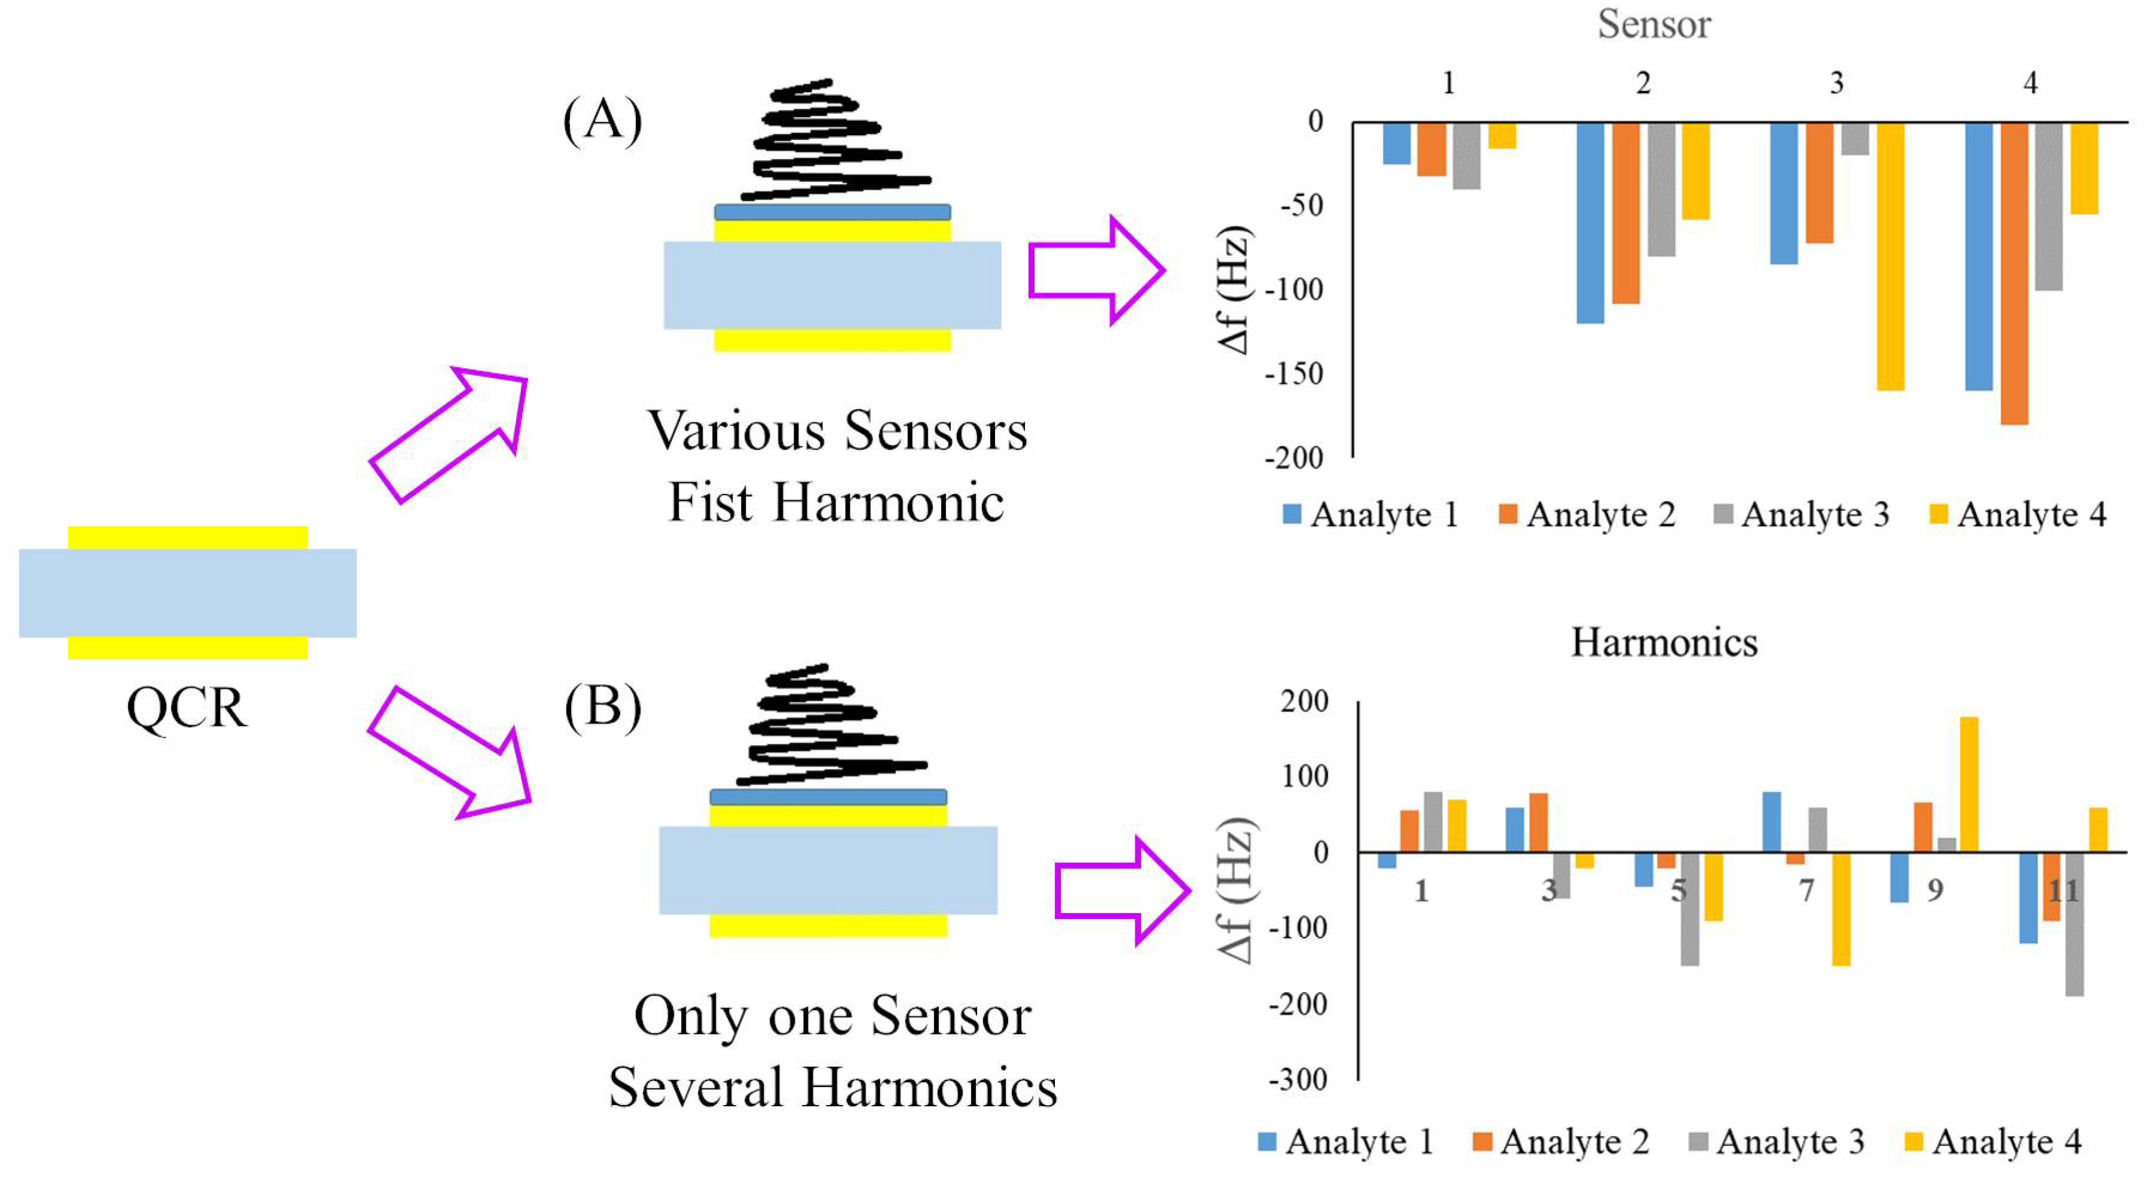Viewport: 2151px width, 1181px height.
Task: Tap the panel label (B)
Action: pos(602,707)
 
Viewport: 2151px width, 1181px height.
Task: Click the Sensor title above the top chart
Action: pos(1653,25)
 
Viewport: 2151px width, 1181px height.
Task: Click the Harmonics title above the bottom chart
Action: pos(1664,643)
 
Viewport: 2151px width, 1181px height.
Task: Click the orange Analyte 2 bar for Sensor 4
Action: pos(2013,273)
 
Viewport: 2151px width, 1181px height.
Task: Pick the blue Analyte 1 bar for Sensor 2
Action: pos(1590,222)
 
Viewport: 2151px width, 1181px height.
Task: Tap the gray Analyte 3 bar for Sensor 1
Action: pos(1466,155)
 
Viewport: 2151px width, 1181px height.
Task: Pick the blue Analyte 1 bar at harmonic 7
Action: pos(1771,822)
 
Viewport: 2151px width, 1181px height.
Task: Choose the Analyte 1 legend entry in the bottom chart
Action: pos(1346,1142)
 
